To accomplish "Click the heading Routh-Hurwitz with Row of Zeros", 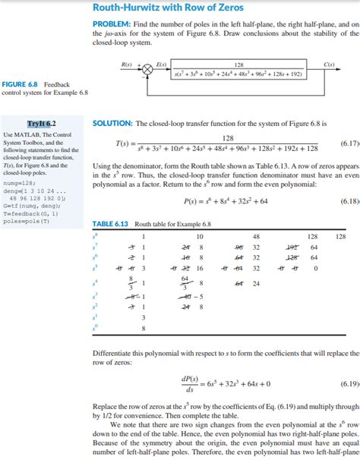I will pos(168,8).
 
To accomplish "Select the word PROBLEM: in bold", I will pos(109,26).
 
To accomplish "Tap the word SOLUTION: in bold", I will pos(111,123).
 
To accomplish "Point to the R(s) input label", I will pos(126,62).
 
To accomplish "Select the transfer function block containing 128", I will pos(238,69).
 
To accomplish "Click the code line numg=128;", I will pos(21,182).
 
